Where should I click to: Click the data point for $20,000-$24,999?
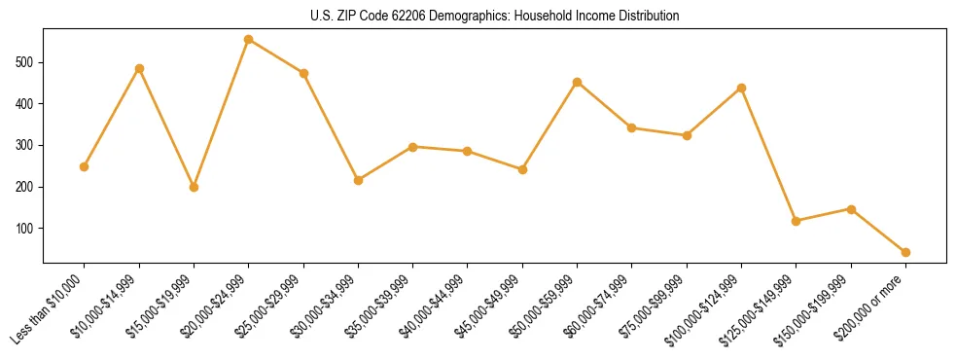pyautogui.click(x=249, y=40)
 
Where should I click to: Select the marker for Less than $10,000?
pyautogui.click(x=85, y=166)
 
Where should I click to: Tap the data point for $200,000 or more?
pyautogui.click(x=905, y=252)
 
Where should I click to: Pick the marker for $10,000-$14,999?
pyautogui.click(x=139, y=68)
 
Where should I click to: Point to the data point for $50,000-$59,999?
pyautogui.click(x=577, y=82)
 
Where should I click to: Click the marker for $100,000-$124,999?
pyautogui.click(x=741, y=88)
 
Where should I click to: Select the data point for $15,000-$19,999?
pyautogui.click(x=194, y=187)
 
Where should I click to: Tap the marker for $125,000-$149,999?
pyautogui.click(x=797, y=221)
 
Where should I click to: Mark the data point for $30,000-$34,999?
pyautogui.click(x=358, y=180)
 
